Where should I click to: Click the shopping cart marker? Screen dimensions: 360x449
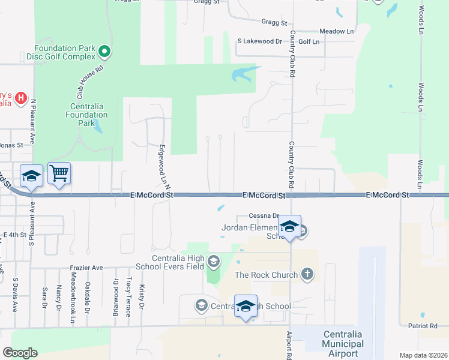point(59,174)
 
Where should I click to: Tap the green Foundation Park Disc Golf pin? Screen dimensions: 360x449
point(104,52)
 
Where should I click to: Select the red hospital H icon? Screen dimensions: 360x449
point(21,97)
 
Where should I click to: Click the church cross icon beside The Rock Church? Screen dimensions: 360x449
point(307,275)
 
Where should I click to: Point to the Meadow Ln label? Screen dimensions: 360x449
point(336,31)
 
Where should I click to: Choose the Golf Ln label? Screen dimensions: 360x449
point(309,41)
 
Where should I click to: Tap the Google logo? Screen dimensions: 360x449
point(20,353)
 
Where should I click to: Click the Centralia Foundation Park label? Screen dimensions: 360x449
point(88,110)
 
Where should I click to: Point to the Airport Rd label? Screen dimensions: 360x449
point(289,345)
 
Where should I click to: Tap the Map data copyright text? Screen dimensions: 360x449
point(423,355)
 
